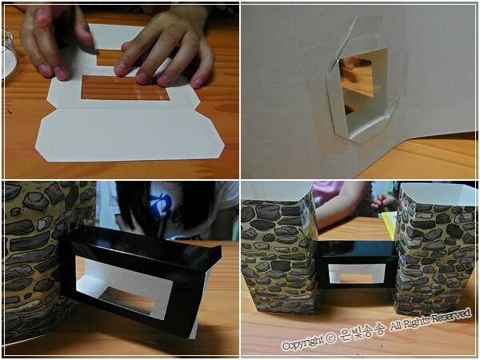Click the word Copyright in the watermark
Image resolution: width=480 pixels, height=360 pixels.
pos(302,343)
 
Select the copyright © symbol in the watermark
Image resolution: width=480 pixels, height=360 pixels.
pos(330,338)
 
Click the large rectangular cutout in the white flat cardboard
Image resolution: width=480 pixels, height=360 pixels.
pos(126,87)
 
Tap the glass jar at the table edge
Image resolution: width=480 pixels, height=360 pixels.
pos(8,54)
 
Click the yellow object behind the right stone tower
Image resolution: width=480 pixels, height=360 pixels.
pos(388,225)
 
